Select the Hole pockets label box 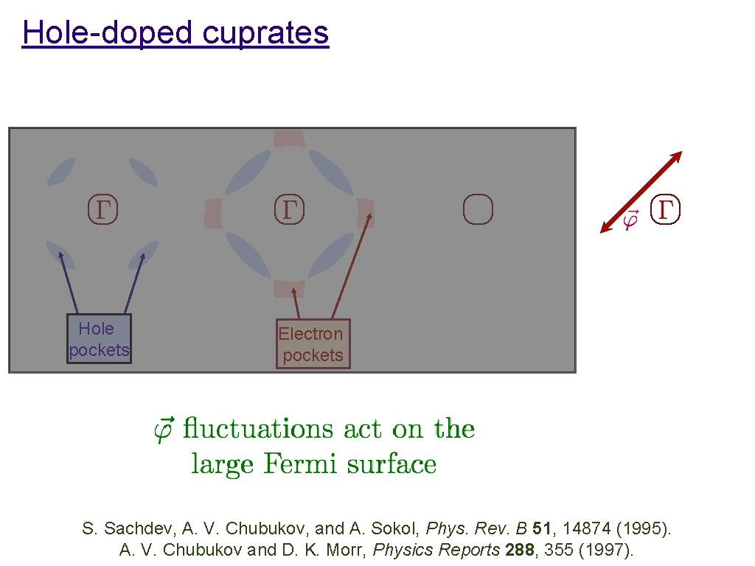point(99,339)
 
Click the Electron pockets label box point(313,344)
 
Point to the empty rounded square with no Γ point(478,209)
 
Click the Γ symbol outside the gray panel point(667,209)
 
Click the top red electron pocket point(288,138)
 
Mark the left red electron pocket point(212,212)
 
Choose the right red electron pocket point(366,212)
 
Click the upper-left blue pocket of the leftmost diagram point(60,172)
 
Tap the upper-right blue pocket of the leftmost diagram point(144,172)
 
